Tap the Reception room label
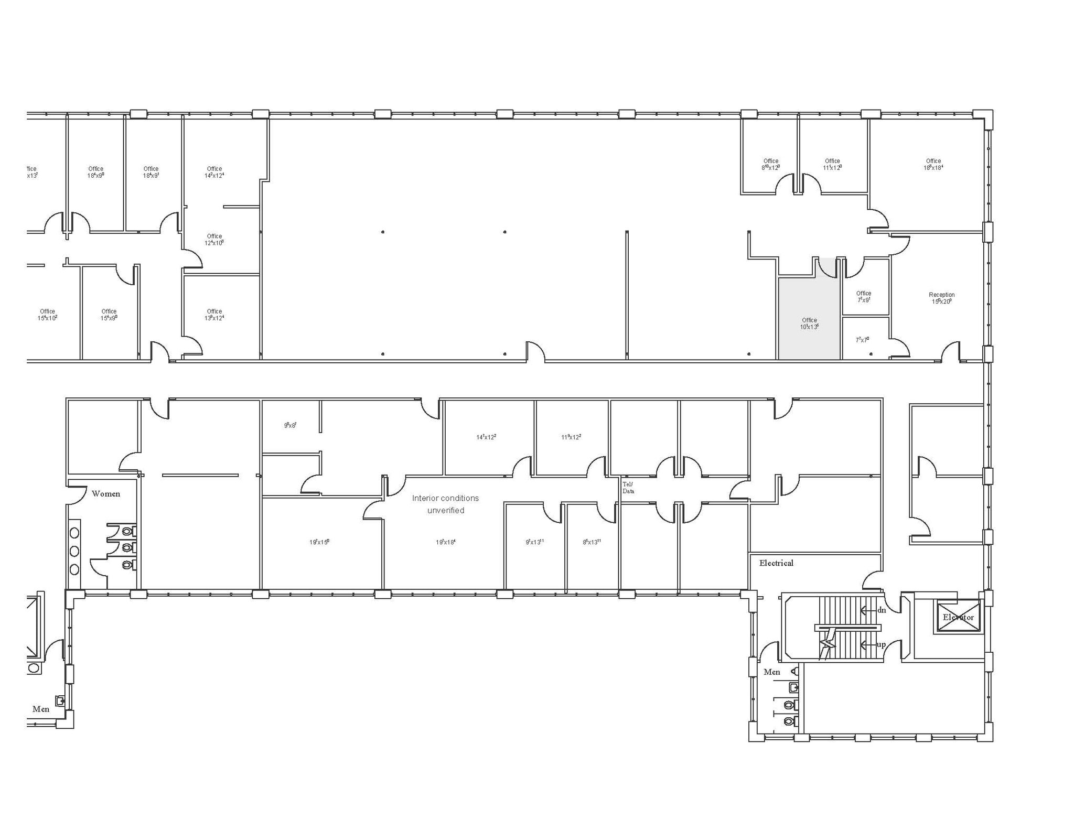pyautogui.click(x=941, y=298)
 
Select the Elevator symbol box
pyautogui.click(x=958, y=617)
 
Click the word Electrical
pyautogui.click(x=776, y=563)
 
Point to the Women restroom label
pyautogui.click(x=106, y=494)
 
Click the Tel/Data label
pyautogui.click(x=628, y=488)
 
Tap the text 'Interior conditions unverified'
pyautogui.click(x=445, y=504)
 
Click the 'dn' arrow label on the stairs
pyautogui.click(x=881, y=610)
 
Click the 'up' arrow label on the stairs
pyautogui.click(x=881, y=644)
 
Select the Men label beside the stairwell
pyautogui.click(x=771, y=672)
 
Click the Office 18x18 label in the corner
pyautogui.click(x=933, y=165)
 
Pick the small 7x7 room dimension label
pyautogui.click(x=862, y=340)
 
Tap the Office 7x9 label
pyautogui.click(x=863, y=297)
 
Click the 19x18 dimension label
pyautogui.click(x=445, y=542)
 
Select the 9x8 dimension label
pyautogui.click(x=290, y=425)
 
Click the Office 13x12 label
pyautogui.click(x=214, y=315)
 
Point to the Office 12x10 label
pyautogui.click(x=214, y=240)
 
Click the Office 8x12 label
pyautogui.click(x=770, y=165)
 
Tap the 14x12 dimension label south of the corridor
pyautogui.click(x=486, y=437)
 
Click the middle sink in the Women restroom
pyautogui.click(x=74, y=551)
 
